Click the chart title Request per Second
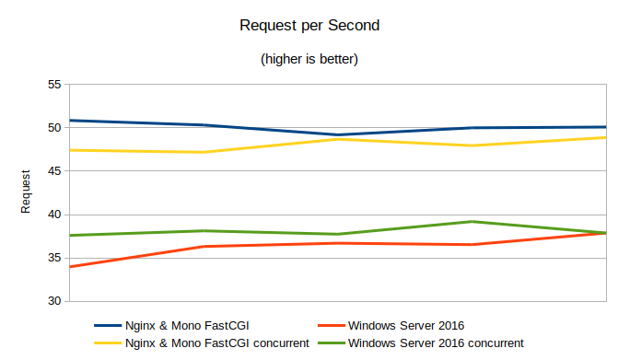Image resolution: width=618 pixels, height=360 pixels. [309, 26]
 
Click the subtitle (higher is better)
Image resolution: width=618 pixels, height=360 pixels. [309, 60]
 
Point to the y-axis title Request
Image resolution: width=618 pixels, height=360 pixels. [27, 192]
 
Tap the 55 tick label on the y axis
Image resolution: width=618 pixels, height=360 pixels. [53, 85]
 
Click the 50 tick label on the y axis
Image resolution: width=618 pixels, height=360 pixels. [53, 128]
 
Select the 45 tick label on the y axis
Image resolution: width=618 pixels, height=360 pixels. [53, 171]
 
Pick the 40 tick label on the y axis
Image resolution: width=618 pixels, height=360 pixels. [53, 215]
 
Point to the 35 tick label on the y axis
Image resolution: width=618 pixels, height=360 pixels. [53, 258]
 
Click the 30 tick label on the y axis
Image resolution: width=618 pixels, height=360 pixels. [53, 301]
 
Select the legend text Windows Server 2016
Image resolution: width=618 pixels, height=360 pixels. [406, 325]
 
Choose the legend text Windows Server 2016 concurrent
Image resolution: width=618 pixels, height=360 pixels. [437, 343]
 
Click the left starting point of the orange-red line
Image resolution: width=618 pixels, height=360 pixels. [70, 267]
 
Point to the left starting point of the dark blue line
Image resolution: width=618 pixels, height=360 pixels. [70, 121]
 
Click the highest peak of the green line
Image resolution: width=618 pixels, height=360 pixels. [472, 222]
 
